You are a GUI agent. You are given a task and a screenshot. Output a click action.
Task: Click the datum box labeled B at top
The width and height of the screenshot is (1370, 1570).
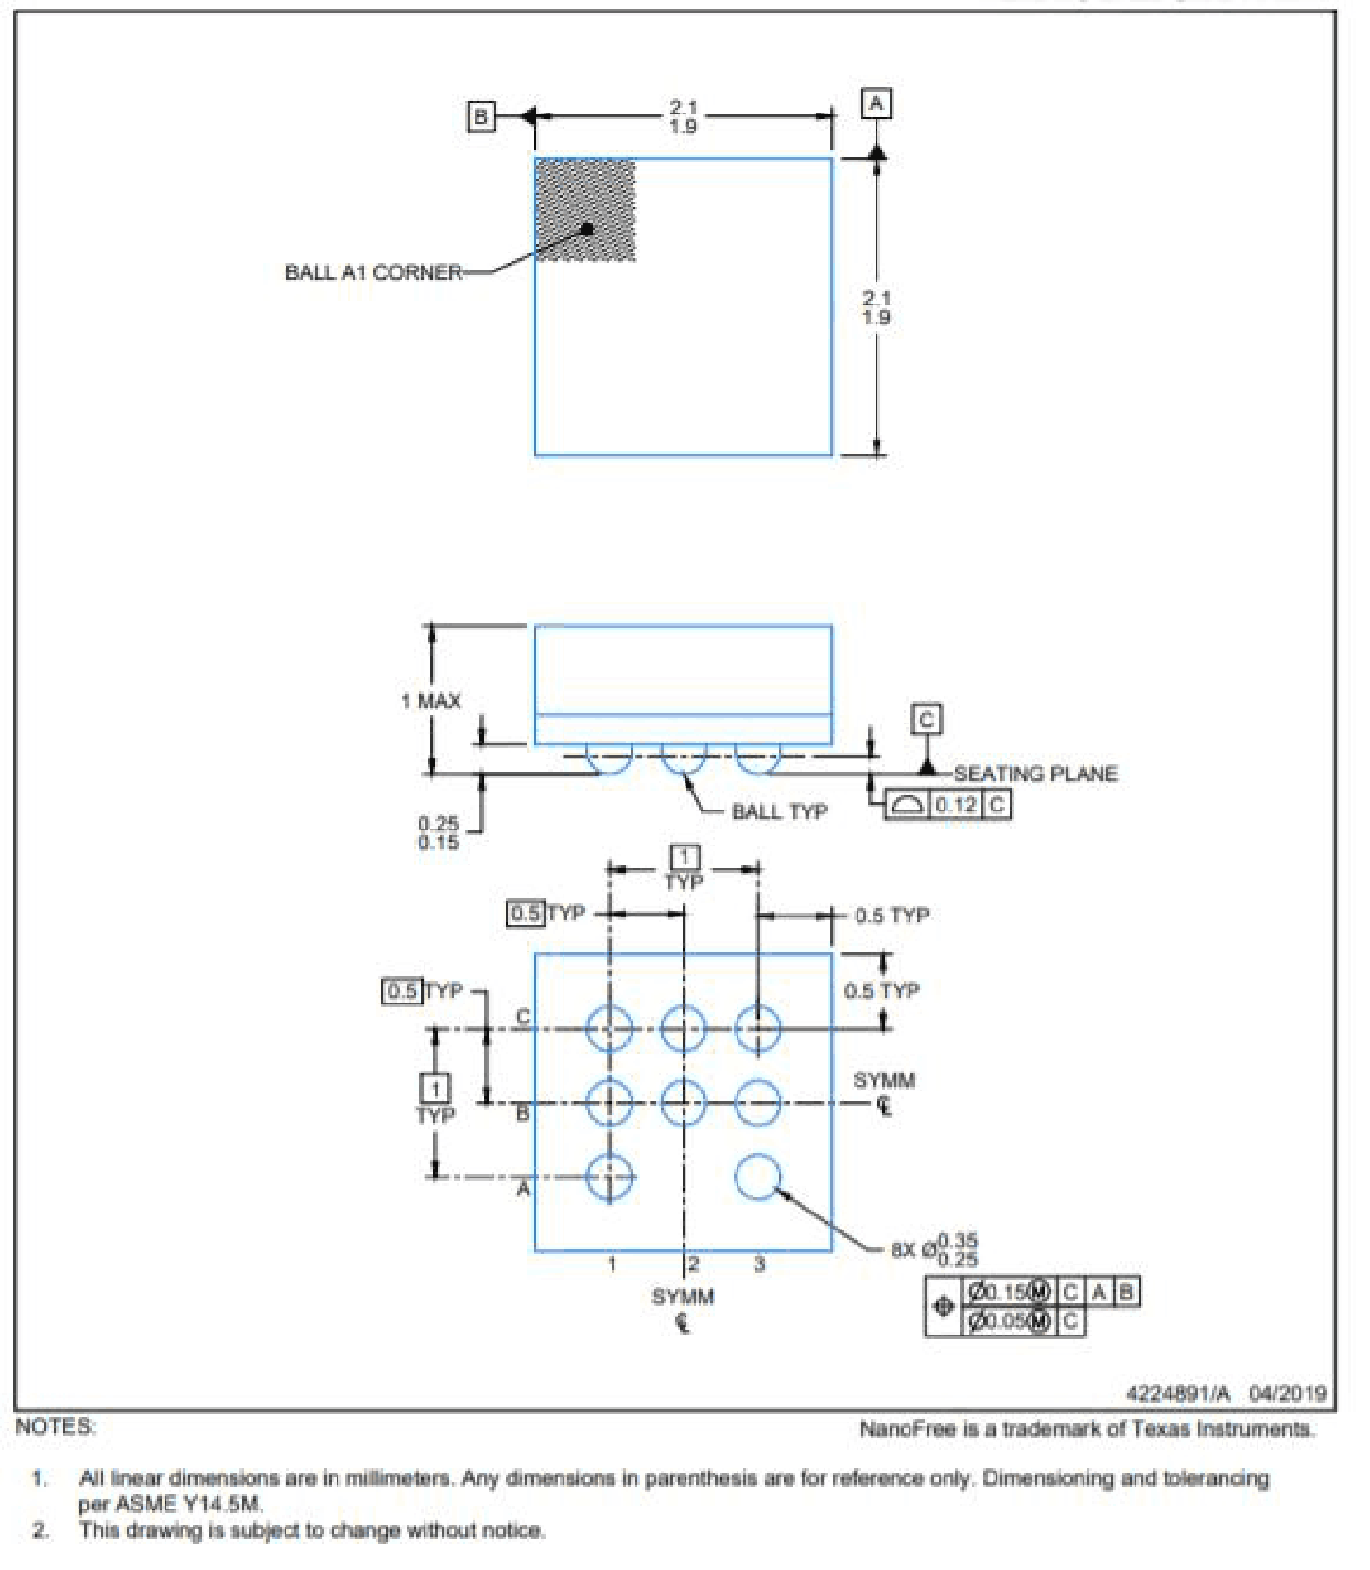(481, 117)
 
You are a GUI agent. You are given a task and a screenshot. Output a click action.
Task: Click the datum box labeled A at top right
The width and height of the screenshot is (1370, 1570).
(876, 103)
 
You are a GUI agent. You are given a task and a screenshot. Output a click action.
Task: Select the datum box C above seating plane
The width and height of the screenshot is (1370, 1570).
(927, 720)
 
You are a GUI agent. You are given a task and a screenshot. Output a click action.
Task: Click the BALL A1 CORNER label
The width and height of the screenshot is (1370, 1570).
(373, 273)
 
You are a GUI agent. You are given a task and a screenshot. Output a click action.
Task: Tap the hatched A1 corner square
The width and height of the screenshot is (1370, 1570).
(585, 210)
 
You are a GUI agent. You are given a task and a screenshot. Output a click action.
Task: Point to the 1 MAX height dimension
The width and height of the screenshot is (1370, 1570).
(430, 702)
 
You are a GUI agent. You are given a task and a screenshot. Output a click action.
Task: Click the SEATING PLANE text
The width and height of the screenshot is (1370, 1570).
(1035, 774)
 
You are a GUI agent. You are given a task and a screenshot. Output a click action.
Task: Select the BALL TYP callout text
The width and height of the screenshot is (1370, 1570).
(779, 811)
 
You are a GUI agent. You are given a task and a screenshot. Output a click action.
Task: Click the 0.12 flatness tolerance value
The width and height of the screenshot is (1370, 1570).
(956, 805)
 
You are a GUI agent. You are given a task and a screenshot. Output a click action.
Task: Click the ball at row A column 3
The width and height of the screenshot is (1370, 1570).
(757, 1177)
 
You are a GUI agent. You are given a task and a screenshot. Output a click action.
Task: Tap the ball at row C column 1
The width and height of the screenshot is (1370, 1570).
(609, 1028)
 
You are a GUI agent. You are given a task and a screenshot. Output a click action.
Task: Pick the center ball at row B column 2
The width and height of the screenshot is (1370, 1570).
(683, 1103)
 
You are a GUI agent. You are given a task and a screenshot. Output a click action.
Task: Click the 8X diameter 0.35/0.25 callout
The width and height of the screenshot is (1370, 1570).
(934, 1249)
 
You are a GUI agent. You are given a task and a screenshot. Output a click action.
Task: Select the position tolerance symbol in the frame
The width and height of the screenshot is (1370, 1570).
(943, 1307)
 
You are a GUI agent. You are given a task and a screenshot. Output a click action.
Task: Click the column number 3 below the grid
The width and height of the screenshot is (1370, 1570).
(759, 1265)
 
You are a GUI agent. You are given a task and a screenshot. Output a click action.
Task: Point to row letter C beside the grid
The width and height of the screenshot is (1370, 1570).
(523, 1017)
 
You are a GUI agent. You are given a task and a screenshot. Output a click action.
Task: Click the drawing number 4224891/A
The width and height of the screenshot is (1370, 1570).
(1178, 1393)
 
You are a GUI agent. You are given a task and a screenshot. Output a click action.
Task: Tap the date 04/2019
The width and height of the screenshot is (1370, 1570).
(1287, 1393)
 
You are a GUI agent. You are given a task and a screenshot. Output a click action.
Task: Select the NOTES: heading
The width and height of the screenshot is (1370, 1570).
(56, 1427)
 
